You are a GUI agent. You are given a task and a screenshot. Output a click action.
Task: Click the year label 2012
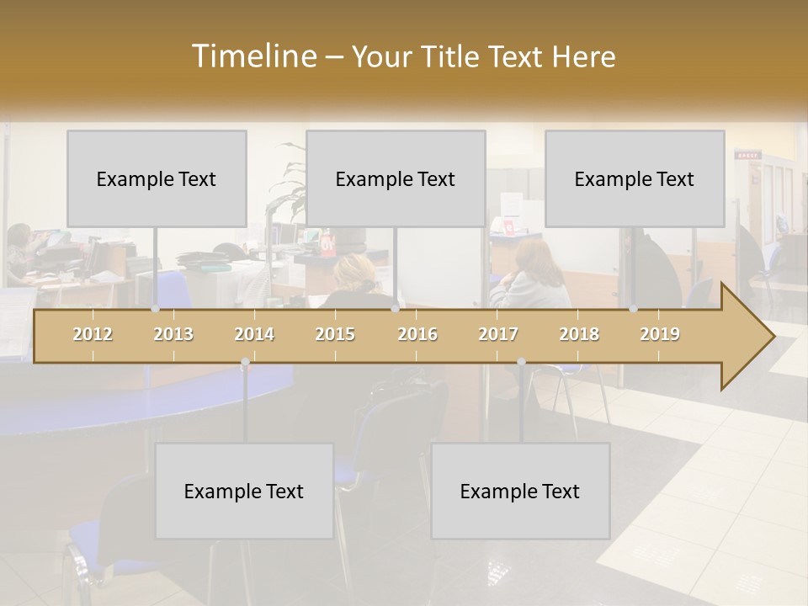[x=93, y=334]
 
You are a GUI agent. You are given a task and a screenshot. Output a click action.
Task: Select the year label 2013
[x=173, y=334]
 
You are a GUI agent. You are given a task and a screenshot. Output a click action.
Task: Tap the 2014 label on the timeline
[x=254, y=334]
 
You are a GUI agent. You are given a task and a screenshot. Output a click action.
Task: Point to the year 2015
[x=335, y=334]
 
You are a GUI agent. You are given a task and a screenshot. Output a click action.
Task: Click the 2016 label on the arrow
[x=417, y=334]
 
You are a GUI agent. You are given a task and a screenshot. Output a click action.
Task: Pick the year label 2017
[x=498, y=334]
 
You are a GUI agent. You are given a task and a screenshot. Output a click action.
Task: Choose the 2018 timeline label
[x=579, y=334]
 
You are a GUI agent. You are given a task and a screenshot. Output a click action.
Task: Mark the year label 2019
[x=660, y=334]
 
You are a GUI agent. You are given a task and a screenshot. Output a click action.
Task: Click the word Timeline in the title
[x=252, y=56]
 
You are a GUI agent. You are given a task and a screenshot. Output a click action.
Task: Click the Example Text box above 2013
[x=157, y=178]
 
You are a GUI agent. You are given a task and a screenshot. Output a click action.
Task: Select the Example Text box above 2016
[x=396, y=178]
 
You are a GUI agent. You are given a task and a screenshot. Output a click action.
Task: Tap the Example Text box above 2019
[x=635, y=178]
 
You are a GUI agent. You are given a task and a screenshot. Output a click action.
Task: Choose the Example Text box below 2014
[x=244, y=491]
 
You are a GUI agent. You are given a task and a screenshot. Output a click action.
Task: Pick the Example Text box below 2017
[x=520, y=491]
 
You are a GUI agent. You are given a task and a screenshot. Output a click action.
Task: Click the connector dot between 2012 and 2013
[x=156, y=309]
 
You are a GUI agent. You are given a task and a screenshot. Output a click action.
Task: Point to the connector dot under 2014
[x=245, y=362]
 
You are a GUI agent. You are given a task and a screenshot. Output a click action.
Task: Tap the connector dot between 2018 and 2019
[x=634, y=309]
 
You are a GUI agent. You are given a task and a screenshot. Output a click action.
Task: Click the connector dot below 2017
[x=521, y=362]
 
